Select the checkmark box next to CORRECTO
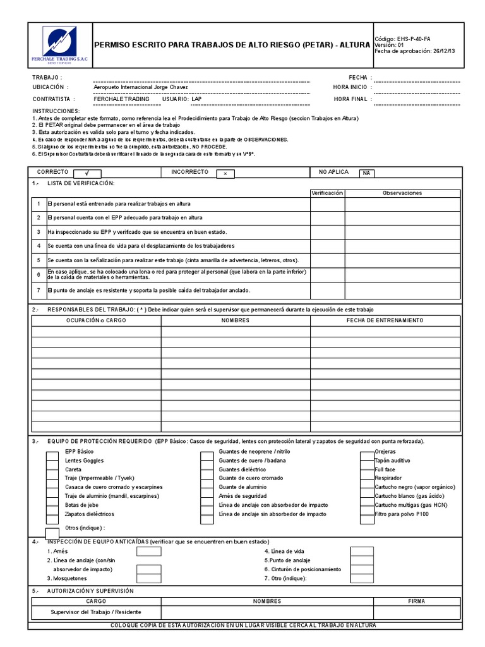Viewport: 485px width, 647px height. [x=88, y=172]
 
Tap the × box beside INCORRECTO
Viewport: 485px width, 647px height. [x=225, y=172]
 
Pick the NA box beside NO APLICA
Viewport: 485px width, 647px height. [x=367, y=172]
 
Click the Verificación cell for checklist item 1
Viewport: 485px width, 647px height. [x=327, y=203]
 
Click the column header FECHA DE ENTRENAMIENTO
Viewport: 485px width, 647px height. [x=385, y=320]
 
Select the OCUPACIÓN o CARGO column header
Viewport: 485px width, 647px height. [x=96, y=320]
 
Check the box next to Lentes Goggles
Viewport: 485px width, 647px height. [x=52, y=461]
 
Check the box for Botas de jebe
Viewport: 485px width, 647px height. [x=52, y=505]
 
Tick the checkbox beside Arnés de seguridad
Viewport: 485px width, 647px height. [x=207, y=497]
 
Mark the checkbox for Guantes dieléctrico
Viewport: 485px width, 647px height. [x=207, y=470]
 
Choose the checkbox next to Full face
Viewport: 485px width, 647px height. [x=367, y=470]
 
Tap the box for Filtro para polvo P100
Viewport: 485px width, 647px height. [x=367, y=514]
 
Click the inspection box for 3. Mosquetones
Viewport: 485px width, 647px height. [x=149, y=577]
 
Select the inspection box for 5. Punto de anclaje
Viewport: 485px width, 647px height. [x=362, y=560]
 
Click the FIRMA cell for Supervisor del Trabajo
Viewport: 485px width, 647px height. [x=417, y=612]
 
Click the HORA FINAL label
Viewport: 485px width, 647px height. [x=350, y=99]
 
